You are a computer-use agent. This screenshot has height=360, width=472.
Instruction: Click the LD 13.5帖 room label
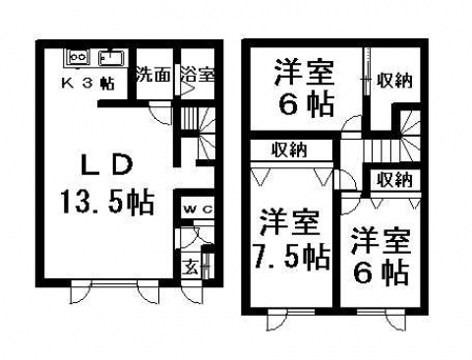[x=107, y=185]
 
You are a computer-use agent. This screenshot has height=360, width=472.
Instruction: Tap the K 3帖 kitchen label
[x=88, y=83]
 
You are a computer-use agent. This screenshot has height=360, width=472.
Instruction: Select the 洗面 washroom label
[x=153, y=75]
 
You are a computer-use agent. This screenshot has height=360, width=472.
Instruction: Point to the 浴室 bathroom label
[x=198, y=75]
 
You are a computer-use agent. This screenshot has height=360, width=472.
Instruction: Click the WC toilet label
[x=198, y=209]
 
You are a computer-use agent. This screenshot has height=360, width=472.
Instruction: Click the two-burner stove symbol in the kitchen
[x=79, y=58]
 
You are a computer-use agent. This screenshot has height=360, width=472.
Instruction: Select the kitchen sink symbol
[x=110, y=58]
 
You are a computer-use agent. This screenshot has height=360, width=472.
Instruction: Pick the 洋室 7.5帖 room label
[x=291, y=241]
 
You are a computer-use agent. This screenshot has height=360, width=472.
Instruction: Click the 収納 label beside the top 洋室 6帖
[x=394, y=80]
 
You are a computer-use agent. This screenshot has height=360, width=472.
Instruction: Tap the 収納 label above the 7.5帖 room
[x=289, y=150]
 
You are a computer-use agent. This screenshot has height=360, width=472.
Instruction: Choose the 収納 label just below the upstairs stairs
[x=394, y=179]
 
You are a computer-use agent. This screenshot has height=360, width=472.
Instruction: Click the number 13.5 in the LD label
[x=91, y=203]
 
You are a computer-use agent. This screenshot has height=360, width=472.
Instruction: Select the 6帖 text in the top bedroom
[x=307, y=104]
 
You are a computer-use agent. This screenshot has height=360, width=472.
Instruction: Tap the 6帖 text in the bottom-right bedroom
[x=381, y=272]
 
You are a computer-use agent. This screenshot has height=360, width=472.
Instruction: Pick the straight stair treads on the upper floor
[x=382, y=150]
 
